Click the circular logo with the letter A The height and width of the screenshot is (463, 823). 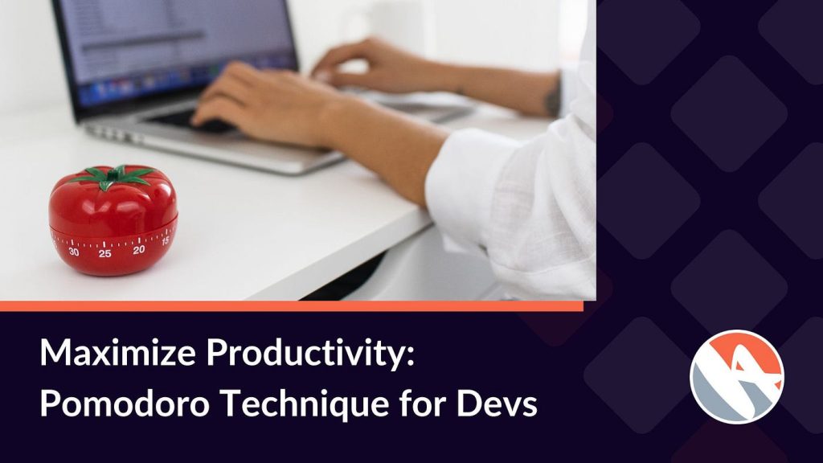point(736,376)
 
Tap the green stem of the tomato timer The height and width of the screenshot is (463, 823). point(116,176)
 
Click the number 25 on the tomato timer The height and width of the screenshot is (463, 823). point(105,253)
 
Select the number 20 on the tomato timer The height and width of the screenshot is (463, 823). point(138,250)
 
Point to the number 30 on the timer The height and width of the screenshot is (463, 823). point(74,252)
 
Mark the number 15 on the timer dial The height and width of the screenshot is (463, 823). point(166,241)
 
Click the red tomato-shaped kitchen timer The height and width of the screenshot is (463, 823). point(113,220)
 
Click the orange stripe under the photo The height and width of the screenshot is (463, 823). point(291,306)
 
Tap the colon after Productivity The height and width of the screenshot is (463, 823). point(409,357)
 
